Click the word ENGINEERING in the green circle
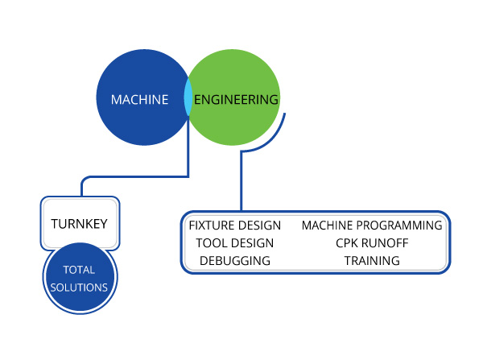[x=236, y=100]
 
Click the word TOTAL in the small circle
[x=79, y=271]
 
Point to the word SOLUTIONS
[x=79, y=287]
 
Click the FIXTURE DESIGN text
[x=234, y=225]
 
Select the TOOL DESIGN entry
[x=234, y=242]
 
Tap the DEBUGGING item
[x=234, y=260]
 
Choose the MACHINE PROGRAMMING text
[x=372, y=225]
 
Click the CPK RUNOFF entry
[x=372, y=242]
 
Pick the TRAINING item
[x=372, y=260]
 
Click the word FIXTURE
[x=210, y=225]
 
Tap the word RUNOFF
[x=386, y=242]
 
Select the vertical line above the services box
[x=241, y=185]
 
